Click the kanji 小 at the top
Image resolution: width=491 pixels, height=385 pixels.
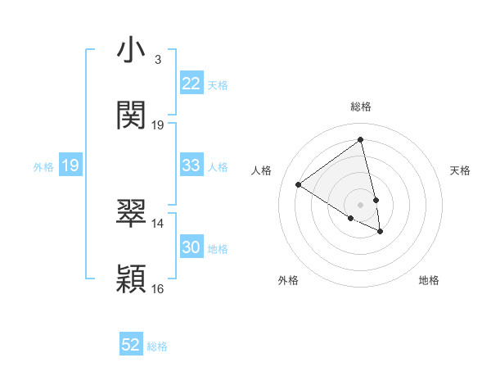(x=131, y=52)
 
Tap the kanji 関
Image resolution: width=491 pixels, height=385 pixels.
(x=131, y=115)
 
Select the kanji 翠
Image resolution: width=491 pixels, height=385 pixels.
(x=131, y=214)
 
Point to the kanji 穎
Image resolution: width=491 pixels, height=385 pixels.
(x=131, y=279)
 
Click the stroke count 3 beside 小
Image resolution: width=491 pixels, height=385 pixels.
(x=157, y=60)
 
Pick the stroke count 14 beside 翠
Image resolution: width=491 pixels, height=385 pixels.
(x=158, y=223)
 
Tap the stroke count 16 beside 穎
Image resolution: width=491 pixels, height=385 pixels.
(x=158, y=288)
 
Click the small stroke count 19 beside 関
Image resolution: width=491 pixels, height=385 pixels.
(x=158, y=125)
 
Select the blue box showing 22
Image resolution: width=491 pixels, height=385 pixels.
(x=191, y=84)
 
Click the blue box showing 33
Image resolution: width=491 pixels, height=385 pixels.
(x=191, y=165)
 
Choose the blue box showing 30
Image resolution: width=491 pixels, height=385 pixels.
(x=191, y=247)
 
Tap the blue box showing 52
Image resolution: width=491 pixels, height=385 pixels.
(x=131, y=345)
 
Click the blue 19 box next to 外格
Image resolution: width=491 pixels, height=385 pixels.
(x=70, y=166)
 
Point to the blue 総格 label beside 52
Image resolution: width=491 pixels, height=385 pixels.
(x=157, y=346)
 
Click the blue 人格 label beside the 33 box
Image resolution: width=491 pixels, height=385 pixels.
(x=218, y=167)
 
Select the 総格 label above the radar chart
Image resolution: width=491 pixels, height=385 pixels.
(x=361, y=106)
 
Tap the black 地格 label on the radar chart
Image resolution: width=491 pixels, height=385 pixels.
(x=429, y=280)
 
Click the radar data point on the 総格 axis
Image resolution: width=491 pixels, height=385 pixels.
(x=360, y=139)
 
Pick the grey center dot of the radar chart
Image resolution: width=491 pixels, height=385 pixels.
(x=360, y=204)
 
